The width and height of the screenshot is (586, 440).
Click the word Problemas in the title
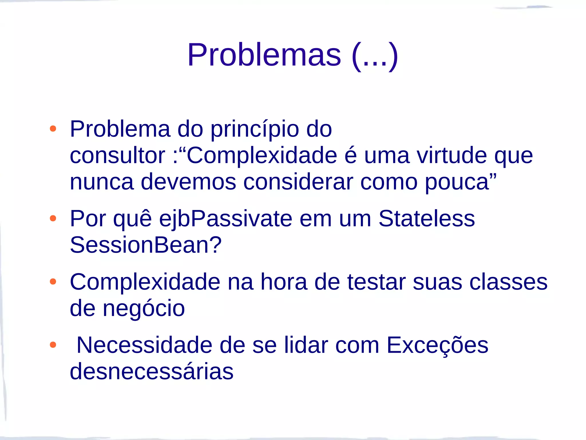(x=264, y=55)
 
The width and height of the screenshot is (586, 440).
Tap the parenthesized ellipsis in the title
(x=375, y=56)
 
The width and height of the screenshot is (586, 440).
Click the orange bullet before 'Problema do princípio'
(x=53, y=129)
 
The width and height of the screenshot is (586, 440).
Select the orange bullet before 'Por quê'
(x=53, y=219)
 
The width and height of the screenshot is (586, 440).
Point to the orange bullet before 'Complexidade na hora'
(x=53, y=282)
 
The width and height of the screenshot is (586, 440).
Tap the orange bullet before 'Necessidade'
(x=53, y=345)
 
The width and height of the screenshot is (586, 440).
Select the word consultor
(x=118, y=156)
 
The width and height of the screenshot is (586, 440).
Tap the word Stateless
(x=426, y=219)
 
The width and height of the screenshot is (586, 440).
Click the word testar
(x=376, y=282)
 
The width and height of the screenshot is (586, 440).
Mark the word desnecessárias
(x=152, y=372)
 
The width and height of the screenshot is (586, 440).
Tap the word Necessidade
(x=144, y=345)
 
